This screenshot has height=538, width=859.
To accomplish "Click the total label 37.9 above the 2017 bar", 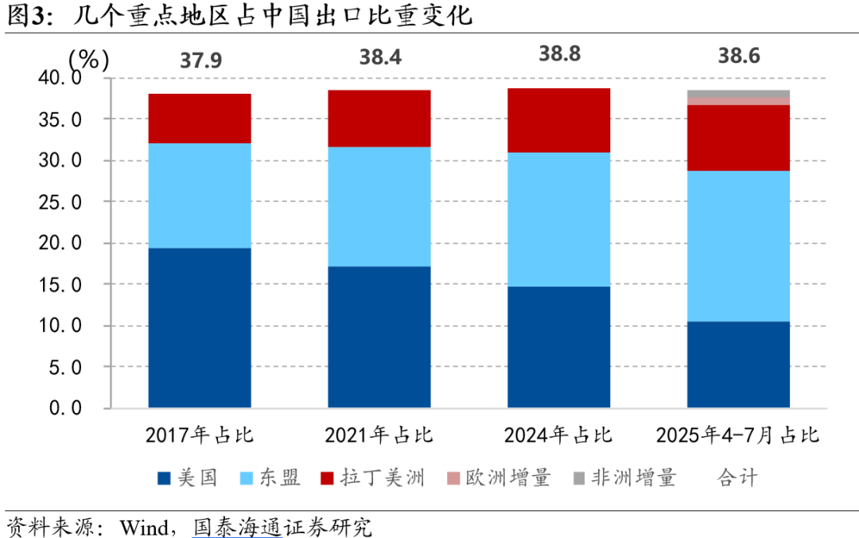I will pyautogui.click(x=200, y=62).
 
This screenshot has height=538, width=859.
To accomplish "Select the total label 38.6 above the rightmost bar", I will pyautogui.click(x=738, y=56).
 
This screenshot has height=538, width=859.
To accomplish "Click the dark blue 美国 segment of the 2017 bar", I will pyautogui.click(x=200, y=328).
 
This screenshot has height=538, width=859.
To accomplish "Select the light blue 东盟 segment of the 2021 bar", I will pyautogui.click(x=379, y=206).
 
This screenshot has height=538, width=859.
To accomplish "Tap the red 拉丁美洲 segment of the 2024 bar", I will pyautogui.click(x=559, y=120).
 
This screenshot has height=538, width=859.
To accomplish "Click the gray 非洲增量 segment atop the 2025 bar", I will pyautogui.click(x=738, y=93).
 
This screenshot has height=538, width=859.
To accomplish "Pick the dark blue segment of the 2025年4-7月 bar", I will pyautogui.click(x=738, y=365).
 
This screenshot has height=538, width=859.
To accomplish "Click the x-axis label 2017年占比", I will pyautogui.click(x=200, y=435).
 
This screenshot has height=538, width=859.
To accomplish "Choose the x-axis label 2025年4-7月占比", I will pyautogui.click(x=738, y=435).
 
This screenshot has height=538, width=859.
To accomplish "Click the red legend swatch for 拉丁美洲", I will pyautogui.click(x=327, y=478).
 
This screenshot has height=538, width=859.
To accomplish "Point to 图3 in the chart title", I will pyautogui.click(x=25, y=16).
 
